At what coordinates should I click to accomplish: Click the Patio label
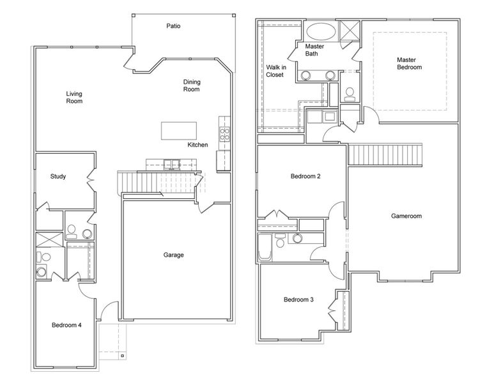(173, 26)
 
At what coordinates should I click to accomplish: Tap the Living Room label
(74, 97)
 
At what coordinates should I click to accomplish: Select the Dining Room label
(191, 85)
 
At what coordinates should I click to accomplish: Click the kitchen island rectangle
(178, 130)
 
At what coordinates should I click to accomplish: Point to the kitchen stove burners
(225, 134)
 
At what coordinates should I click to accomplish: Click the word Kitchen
(197, 145)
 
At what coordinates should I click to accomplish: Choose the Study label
(59, 177)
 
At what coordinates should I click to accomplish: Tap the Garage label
(173, 255)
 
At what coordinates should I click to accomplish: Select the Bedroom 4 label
(66, 325)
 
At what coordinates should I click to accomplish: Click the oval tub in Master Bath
(318, 31)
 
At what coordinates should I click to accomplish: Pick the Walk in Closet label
(275, 70)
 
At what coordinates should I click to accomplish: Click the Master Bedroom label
(409, 63)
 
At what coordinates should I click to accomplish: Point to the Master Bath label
(315, 50)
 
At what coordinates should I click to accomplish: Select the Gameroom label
(406, 216)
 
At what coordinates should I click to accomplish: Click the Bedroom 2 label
(305, 177)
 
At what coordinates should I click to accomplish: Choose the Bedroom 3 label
(299, 300)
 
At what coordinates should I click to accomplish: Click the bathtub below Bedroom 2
(265, 248)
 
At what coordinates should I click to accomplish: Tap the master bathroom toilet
(349, 95)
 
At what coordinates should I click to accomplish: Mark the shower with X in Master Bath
(350, 31)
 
